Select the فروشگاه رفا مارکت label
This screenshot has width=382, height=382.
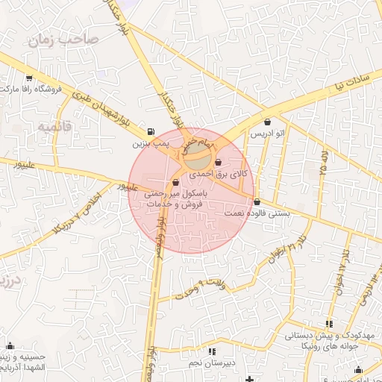(29, 89)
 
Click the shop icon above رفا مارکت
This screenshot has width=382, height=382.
(29, 78)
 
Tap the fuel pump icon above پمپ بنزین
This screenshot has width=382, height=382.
(152, 130)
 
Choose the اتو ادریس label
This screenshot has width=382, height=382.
(267, 134)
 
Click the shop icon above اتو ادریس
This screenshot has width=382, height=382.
(267, 122)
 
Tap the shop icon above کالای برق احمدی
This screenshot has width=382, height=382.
(218, 163)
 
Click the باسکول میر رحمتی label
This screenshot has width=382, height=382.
(177, 192)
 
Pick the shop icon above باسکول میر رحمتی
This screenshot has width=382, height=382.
(175, 182)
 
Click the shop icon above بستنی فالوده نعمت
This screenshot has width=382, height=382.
(257, 202)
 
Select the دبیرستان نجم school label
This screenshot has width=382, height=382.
(212, 362)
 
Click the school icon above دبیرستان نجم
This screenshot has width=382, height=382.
(212, 351)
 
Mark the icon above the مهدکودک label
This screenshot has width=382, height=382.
(329, 324)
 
